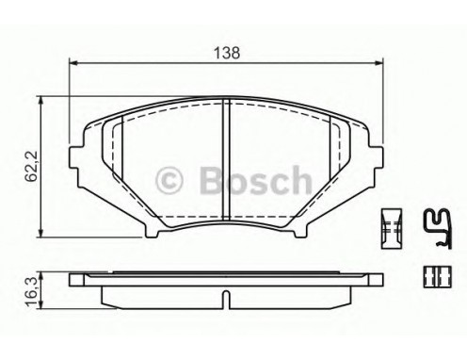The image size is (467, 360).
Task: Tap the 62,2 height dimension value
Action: [31, 166]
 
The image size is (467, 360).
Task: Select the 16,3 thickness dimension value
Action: [31, 290]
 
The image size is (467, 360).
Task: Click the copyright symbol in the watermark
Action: [169, 181]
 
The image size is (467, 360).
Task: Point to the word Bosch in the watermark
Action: [256, 179]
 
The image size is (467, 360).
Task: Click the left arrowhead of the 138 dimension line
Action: [72, 63]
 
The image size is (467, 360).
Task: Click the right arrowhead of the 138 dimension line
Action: [378, 63]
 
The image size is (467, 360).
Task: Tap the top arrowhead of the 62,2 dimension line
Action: [40, 101]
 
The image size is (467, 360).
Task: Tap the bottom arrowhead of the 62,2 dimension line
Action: [40, 233]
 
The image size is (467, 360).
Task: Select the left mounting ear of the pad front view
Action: [75, 157]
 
